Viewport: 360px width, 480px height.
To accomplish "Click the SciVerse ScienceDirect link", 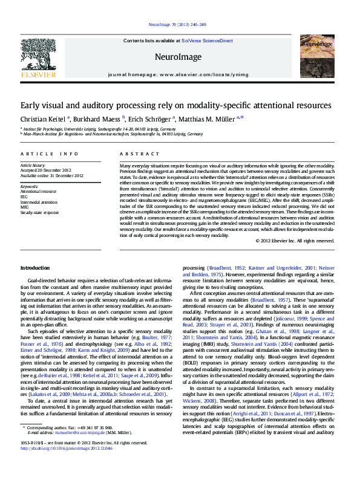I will point(211,41).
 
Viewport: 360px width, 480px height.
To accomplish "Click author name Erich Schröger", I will point(151,119).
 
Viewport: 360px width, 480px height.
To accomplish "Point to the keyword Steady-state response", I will point(40,213).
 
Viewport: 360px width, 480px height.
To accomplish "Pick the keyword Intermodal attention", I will point(40,202).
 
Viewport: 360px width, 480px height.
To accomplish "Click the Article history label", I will point(33,165).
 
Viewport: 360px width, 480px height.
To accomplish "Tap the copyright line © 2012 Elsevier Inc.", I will point(303,241).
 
